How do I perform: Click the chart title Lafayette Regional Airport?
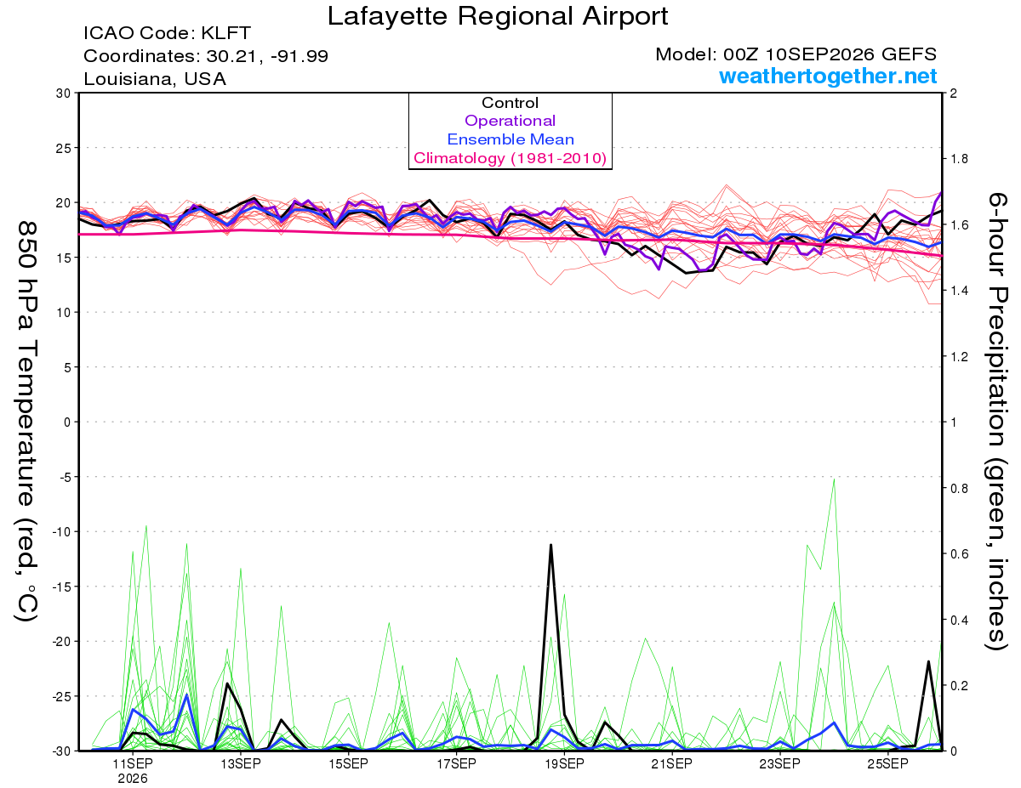(x=497, y=16)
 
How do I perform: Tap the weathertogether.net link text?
(x=828, y=76)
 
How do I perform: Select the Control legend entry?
(x=510, y=103)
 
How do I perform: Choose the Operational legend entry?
(x=510, y=121)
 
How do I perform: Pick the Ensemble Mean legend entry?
(x=510, y=139)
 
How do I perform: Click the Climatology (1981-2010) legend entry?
(x=510, y=158)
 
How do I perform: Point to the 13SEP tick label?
(x=241, y=764)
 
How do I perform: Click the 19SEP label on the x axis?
(x=564, y=764)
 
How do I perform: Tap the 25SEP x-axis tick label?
(x=887, y=764)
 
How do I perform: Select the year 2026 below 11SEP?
(x=133, y=779)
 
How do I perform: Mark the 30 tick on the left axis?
(x=64, y=94)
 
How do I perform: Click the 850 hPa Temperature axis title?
(x=26, y=422)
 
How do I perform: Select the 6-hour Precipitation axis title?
(x=996, y=421)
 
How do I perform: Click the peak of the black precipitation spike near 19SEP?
(x=550, y=545)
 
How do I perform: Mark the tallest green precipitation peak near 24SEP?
(x=834, y=479)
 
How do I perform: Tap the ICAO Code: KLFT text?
(x=168, y=33)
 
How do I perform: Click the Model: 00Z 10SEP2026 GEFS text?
(x=796, y=54)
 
